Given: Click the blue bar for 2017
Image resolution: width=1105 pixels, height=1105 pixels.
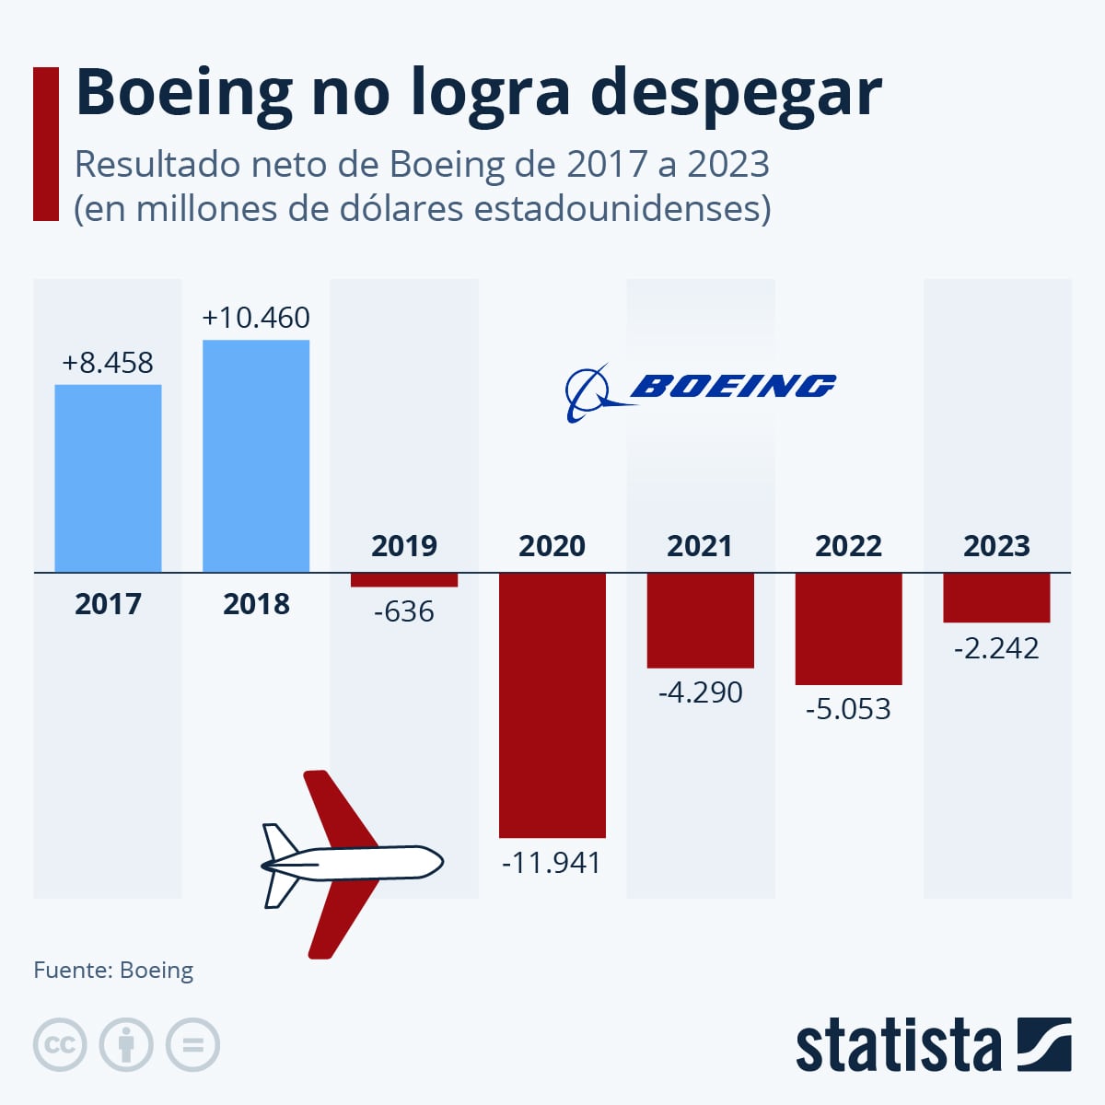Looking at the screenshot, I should (108, 478).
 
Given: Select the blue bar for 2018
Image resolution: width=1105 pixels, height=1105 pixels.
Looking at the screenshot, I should (256, 456).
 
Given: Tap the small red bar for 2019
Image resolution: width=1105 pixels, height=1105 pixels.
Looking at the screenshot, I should (404, 580).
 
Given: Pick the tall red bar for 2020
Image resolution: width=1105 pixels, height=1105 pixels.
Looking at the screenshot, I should (552, 704).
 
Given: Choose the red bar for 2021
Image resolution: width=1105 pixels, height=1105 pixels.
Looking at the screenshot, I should (700, 620).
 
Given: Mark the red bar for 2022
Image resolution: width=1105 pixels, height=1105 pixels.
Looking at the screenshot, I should (848, 628).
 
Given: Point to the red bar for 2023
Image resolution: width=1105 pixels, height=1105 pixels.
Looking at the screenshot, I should (996, 598).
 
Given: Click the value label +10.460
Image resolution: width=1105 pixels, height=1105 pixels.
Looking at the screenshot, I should (256, 318).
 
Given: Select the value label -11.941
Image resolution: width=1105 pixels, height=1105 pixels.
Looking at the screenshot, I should (552, 863).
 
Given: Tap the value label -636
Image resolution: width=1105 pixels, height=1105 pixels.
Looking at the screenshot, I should (404, 611).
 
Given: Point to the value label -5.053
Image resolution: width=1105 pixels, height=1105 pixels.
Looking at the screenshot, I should (848, 709).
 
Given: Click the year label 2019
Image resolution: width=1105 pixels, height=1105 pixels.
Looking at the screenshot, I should (404, 546).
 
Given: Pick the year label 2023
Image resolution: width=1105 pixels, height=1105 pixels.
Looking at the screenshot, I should (996, 546).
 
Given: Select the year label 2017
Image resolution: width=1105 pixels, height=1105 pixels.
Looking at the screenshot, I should (108, 604).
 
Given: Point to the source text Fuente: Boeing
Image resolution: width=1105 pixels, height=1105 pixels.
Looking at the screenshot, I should (113, 971).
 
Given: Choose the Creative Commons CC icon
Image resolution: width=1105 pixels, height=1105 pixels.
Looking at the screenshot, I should (60, 1045).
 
